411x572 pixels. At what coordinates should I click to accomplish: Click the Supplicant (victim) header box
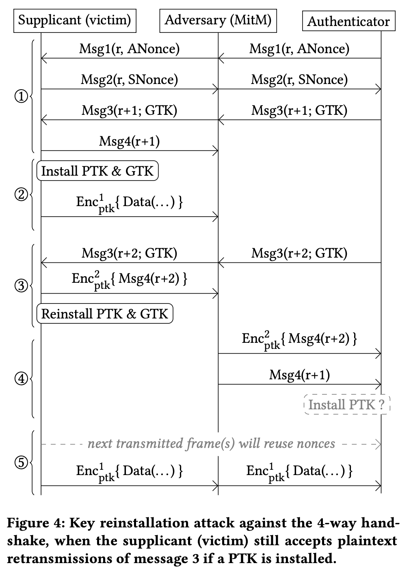[x=75, y=20]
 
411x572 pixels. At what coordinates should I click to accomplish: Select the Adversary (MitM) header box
[x=218, y=20]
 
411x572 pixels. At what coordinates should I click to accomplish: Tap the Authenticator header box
[x=348, y=22]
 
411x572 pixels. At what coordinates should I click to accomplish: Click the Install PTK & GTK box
[x=97, y=171]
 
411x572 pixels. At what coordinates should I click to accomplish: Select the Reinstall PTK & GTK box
[x=105, y=314]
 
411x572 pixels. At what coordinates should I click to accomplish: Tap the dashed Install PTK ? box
[x=346, y=405]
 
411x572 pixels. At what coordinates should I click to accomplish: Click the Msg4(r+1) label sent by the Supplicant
[x=129, y=141]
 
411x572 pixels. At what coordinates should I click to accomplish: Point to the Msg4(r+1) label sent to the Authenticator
[x=299, y=375]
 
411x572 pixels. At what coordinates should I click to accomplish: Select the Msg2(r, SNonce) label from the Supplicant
[x=129, y=80]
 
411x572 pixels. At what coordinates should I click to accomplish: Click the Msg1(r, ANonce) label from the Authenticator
[x=299, y=49]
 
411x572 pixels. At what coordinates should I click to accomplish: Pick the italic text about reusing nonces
[x=211, y=444]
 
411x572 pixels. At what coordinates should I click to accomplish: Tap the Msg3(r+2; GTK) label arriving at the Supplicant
[x=129, y=254]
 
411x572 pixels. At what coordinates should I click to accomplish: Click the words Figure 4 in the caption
[x=32, y=523]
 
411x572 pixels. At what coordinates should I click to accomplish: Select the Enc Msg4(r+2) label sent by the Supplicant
[x=129, y=280]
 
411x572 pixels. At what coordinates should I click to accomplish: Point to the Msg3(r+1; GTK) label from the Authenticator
[x=299, y=110]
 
